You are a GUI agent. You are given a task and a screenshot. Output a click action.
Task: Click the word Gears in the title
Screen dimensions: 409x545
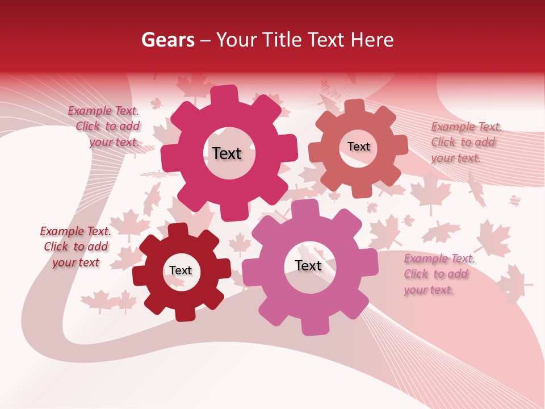tap(168, 40)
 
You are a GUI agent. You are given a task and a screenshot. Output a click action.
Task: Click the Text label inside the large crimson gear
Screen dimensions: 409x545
tap(227, 153)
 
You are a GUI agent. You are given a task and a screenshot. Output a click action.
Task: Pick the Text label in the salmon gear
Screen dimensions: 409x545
tap(358, 147)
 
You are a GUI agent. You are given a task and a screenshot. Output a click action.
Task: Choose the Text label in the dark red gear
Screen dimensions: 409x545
tap(181, 270)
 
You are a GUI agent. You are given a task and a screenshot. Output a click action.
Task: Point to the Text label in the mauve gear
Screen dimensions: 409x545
tap(308, 265)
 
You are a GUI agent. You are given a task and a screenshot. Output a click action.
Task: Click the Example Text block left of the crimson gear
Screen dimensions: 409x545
tap(106, 127)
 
